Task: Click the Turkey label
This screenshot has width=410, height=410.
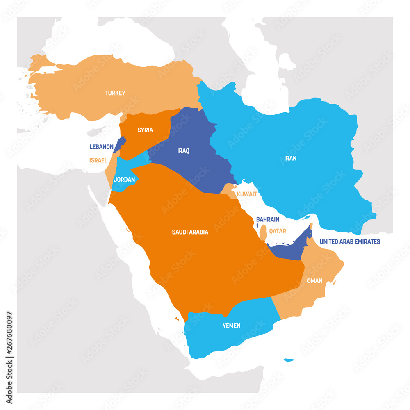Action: [x=115, y=93]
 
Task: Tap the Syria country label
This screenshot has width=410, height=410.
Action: [x=145, y=130]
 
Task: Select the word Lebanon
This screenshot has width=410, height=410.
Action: [x=101, y=146]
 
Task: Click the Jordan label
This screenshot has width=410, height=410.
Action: [x=124, y=179]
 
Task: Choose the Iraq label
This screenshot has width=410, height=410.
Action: [x=183, y=150]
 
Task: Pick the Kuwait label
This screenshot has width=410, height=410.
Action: [x=247, y=194]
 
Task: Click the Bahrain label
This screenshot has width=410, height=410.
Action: [x=268, y=219]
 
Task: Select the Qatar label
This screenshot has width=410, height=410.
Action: [x=278, y=231]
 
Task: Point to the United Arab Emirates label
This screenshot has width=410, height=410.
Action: [x=350, y=241]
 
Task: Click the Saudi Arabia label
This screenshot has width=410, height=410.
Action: [x=190, y=232]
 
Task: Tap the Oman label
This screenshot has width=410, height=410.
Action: [x=314, y=281]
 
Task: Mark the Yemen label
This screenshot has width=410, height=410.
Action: [x=231, y=326]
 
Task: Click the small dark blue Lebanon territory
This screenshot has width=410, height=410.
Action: [x=120, y=143]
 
